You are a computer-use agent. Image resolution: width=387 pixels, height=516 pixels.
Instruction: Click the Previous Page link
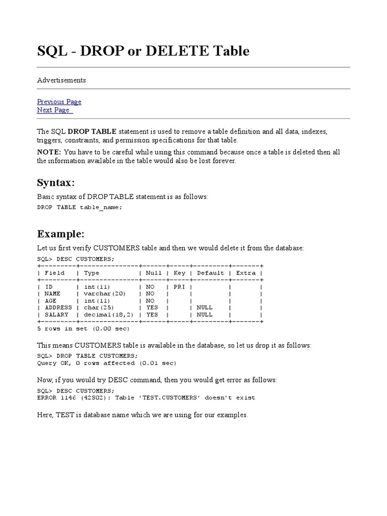[59, 102]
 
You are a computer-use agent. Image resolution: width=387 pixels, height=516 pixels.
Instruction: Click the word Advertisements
[61, 80]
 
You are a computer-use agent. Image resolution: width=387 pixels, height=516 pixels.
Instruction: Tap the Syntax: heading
[56, 182]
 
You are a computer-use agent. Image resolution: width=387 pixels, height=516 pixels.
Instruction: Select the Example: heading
[60, 234]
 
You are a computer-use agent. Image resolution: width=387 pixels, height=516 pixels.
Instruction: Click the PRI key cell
[179, 286]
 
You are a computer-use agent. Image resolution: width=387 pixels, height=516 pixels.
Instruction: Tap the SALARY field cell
[56, 314]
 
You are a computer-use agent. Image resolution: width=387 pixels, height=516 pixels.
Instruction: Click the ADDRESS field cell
[58, 307]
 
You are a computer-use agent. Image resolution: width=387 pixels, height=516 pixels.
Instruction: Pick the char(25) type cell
[99, 307]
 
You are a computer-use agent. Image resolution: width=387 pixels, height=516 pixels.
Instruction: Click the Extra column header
[246, 273]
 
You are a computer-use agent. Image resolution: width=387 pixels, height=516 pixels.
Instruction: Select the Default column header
[210, 273]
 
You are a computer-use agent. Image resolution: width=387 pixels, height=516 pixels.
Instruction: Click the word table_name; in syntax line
[101, 207]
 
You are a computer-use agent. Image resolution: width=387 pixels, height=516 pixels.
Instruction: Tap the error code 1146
[68, 398]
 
